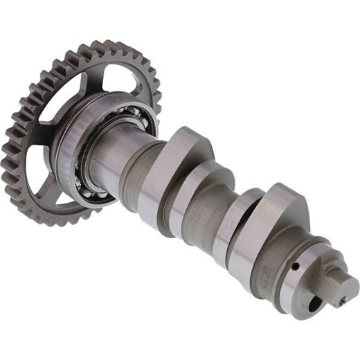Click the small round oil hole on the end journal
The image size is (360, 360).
pos(294,265)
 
